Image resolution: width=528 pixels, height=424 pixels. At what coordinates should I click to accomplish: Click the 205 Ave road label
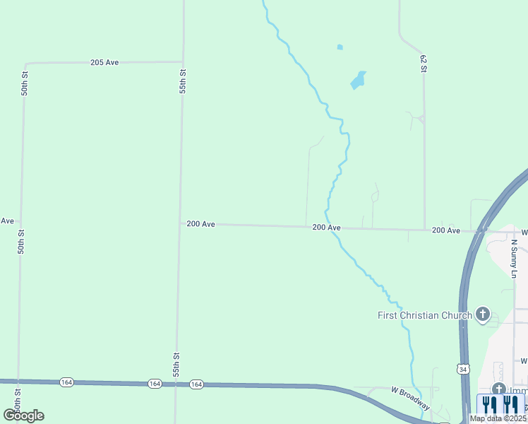(104, 62)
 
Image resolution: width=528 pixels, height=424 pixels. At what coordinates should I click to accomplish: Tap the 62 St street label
(424, 63)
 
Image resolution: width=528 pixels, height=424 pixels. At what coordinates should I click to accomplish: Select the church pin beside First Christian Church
(483, 314)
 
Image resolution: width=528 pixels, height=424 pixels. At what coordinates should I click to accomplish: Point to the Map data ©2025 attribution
(498, 418)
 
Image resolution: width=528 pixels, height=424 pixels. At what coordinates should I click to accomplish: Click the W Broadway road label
(410, 398)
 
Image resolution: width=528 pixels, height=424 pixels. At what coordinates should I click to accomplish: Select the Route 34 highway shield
(462, 369)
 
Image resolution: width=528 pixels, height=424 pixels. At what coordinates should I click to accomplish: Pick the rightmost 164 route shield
(196, 384)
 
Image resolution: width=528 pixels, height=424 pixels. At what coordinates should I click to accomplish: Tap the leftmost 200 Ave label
(200, 224)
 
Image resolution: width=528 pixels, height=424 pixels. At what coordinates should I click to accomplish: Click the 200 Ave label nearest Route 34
(446, 230)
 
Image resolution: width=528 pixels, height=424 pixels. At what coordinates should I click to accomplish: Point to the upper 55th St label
(182, 81)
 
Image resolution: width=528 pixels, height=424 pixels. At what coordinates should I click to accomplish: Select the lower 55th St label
(176, 365)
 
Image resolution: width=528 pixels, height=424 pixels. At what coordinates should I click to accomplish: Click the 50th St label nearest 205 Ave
(25, 83)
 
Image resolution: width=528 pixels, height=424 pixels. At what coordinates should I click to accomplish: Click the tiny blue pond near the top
(340, 47)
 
